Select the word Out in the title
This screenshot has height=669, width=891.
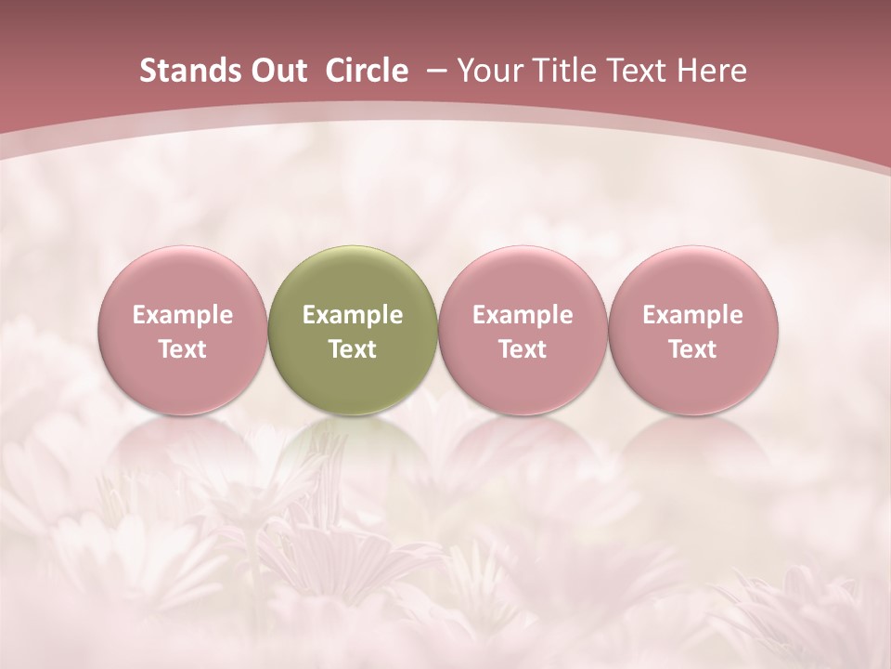(x=278, y=71)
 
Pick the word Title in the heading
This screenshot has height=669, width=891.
(x=560, y=71)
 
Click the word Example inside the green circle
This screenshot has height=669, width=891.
(x=353, y=315)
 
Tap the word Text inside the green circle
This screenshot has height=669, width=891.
(x=353, y=349)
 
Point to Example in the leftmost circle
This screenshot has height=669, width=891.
(x=183, y=315)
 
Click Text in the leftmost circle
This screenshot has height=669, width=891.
(x=183, y=349)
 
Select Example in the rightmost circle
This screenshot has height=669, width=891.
(x=693, y=315)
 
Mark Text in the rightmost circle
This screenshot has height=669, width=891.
(x=693, y=349)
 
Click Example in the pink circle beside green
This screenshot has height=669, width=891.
(x=523, y=315)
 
